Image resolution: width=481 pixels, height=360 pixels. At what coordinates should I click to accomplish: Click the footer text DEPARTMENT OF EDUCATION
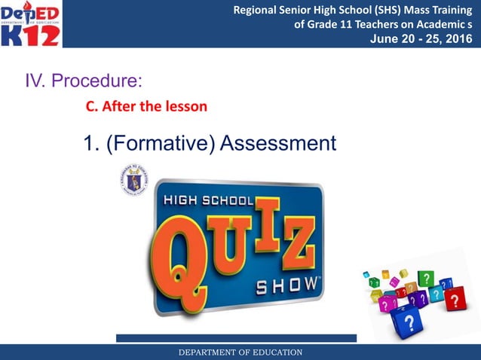pyautogui.click(x=240, y=352)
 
